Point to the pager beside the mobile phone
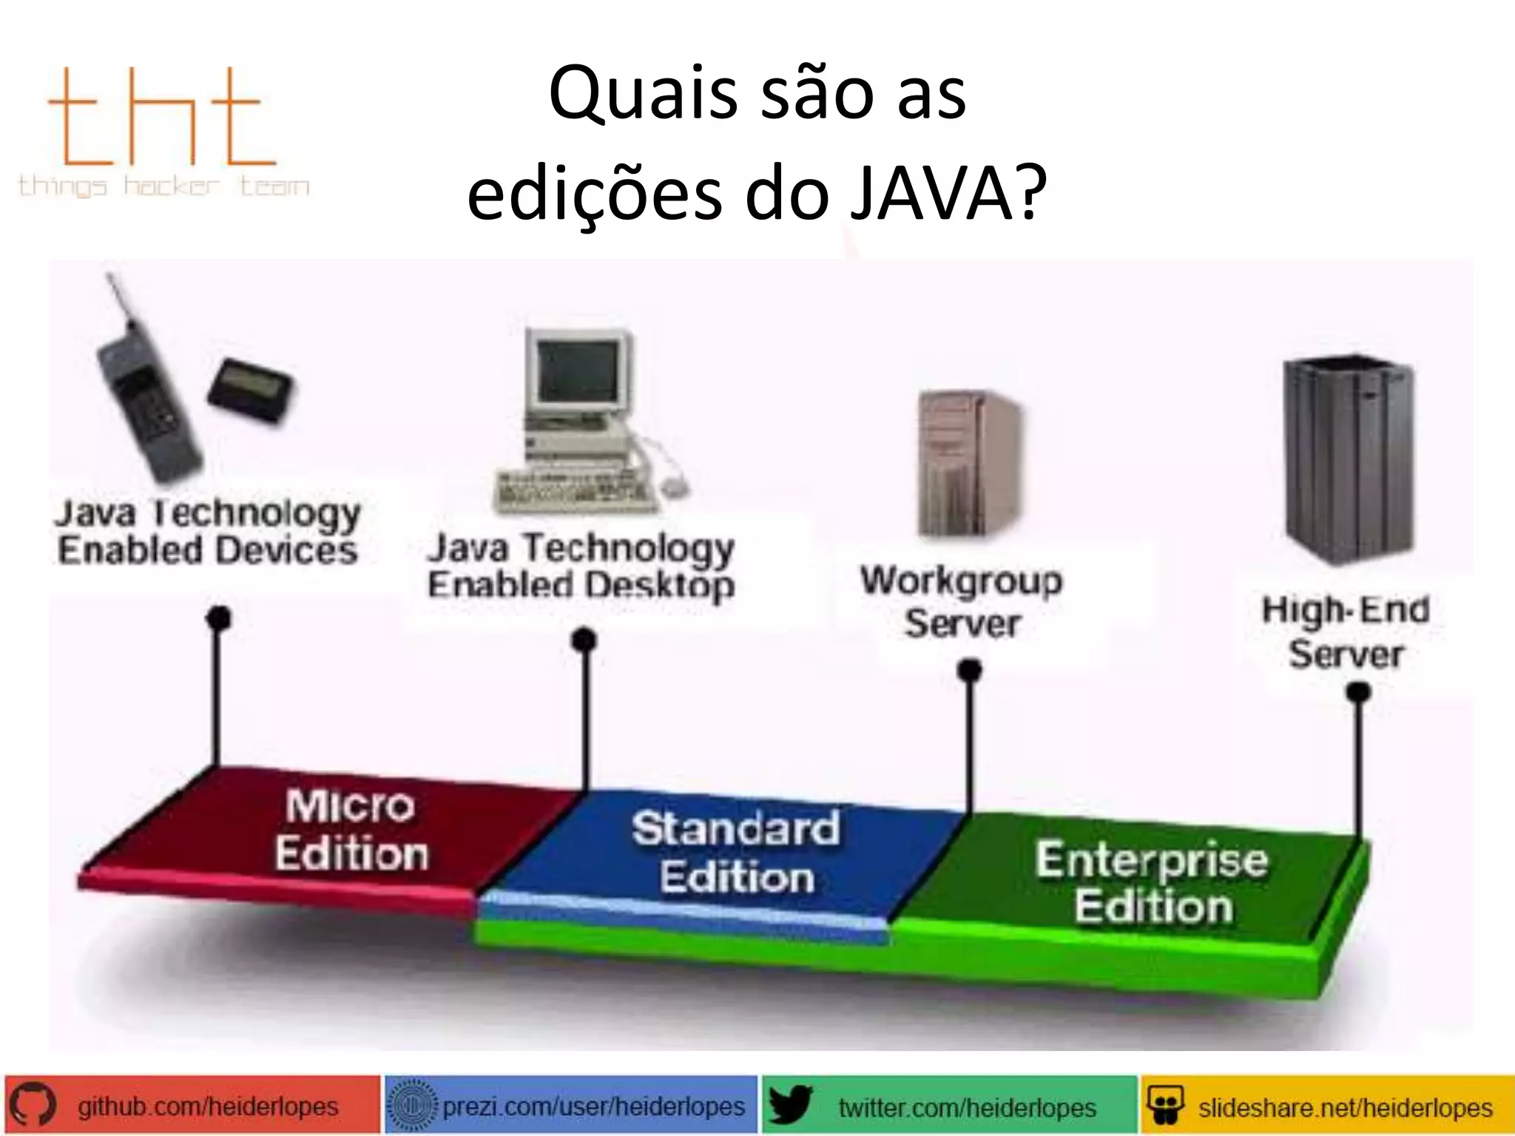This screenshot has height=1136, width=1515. tap(250, 389)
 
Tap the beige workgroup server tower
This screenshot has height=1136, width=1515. tap(968, 462)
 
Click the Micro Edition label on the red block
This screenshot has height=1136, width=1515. tap(351, 830)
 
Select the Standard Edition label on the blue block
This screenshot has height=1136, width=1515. tap(737, 852)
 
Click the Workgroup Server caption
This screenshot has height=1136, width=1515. tap(962, 601)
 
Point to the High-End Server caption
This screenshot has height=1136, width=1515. tap(1346, 632)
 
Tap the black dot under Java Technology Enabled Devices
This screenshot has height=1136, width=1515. tap(218, 618)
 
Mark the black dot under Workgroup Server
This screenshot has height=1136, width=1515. tap(969, 671)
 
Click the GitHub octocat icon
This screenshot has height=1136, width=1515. tap(31, 1106)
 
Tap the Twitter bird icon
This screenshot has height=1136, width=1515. tap(790, 1106)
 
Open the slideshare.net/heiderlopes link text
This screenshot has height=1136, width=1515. tap(1345, 1107)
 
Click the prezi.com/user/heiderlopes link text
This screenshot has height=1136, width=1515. tap(593, 1106)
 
